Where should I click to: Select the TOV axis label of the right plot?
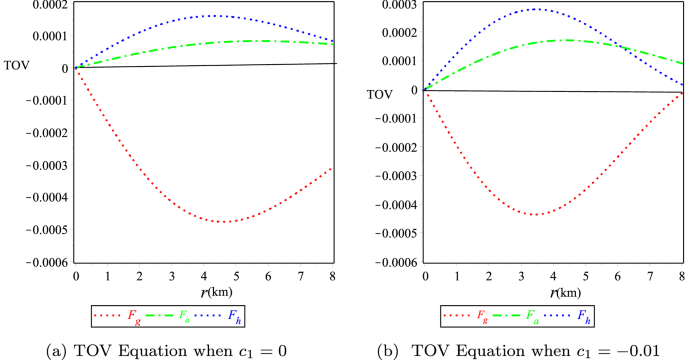[x=379, y=95]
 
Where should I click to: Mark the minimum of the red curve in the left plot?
[x=222, y=222]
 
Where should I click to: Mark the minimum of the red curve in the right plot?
[x=536, y=215]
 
